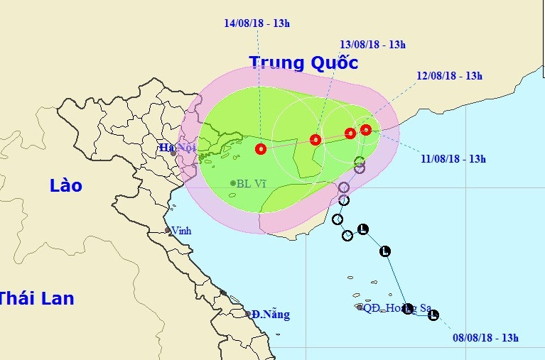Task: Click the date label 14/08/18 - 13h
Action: pos(257,23)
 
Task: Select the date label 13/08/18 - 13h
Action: pos(372,45)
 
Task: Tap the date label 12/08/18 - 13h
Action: pos(450,76)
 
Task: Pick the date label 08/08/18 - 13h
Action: pos(486,337)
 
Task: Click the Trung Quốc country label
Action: pos(303,62)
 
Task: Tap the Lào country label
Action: pos(66,186)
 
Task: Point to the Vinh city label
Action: pos(181,230)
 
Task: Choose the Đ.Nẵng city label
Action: pos(271,315)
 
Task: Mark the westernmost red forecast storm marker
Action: pos(261,149)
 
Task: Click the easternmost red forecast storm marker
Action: pos(366,129)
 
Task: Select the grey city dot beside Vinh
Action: pos(168,230)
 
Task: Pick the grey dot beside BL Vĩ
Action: pos(233,183)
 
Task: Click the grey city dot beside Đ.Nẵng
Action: pos(248,313)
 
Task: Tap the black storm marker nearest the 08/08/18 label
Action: pos(433,315)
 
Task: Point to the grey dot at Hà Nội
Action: pos(173,153)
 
